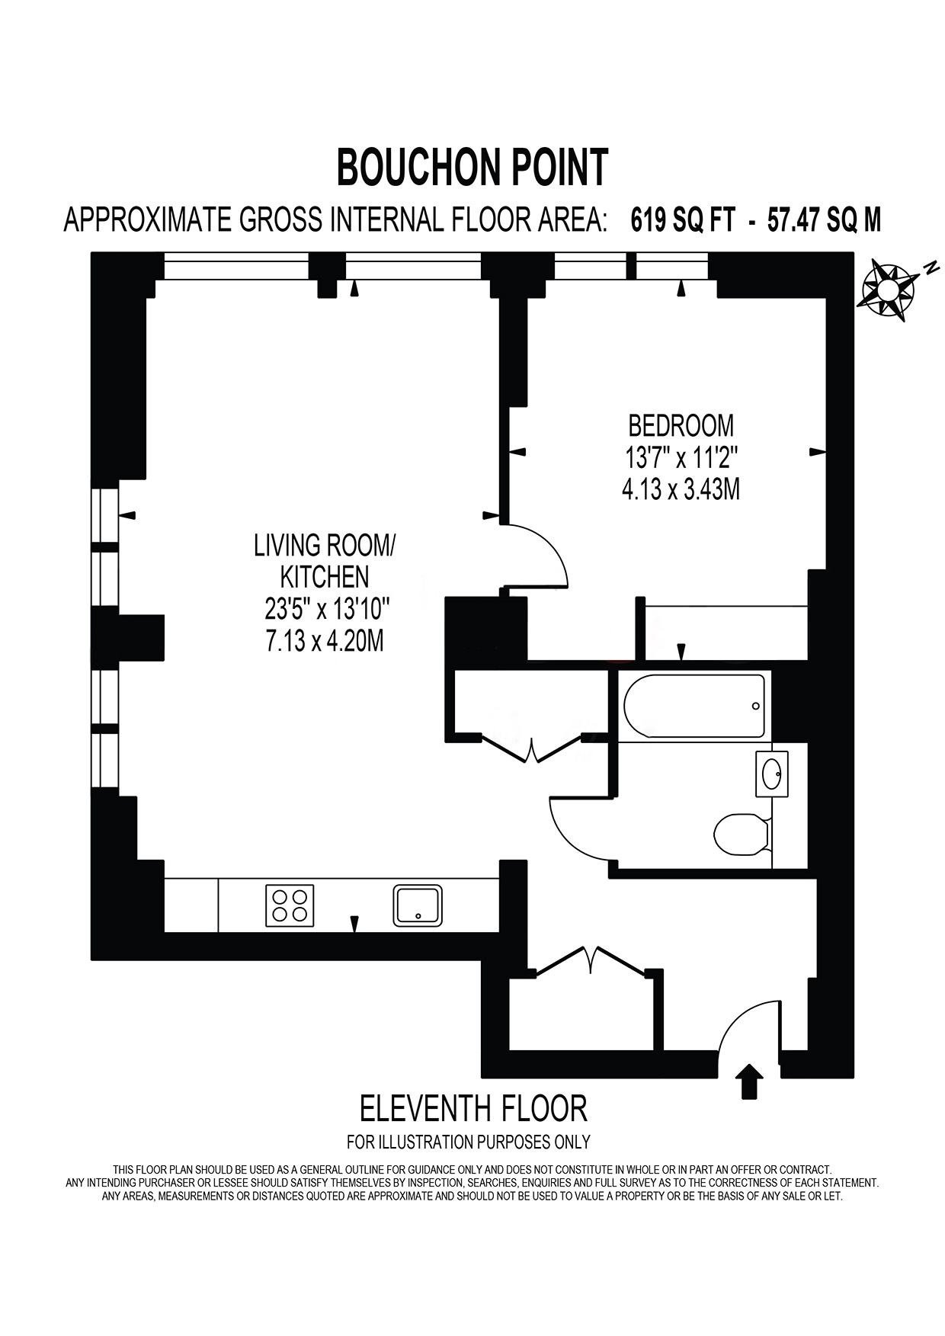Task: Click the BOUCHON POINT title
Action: point(472,167)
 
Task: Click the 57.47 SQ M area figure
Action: point(824,220)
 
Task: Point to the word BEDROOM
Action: point(681,425)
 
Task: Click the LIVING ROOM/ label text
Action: point(325,546)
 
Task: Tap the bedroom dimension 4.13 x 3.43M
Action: point(681,489)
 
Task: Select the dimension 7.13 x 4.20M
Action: point(325,641)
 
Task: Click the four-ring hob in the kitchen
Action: point(290,905)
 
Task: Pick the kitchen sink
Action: point(418,905)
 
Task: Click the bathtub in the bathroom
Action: point(694,706)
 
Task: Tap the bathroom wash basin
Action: point(772,774)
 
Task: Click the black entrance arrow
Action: point(749,1081)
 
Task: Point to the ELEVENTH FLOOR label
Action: point(473,1109)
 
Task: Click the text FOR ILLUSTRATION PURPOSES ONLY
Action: point(469,1142)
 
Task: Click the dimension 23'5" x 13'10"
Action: point(327,609)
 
